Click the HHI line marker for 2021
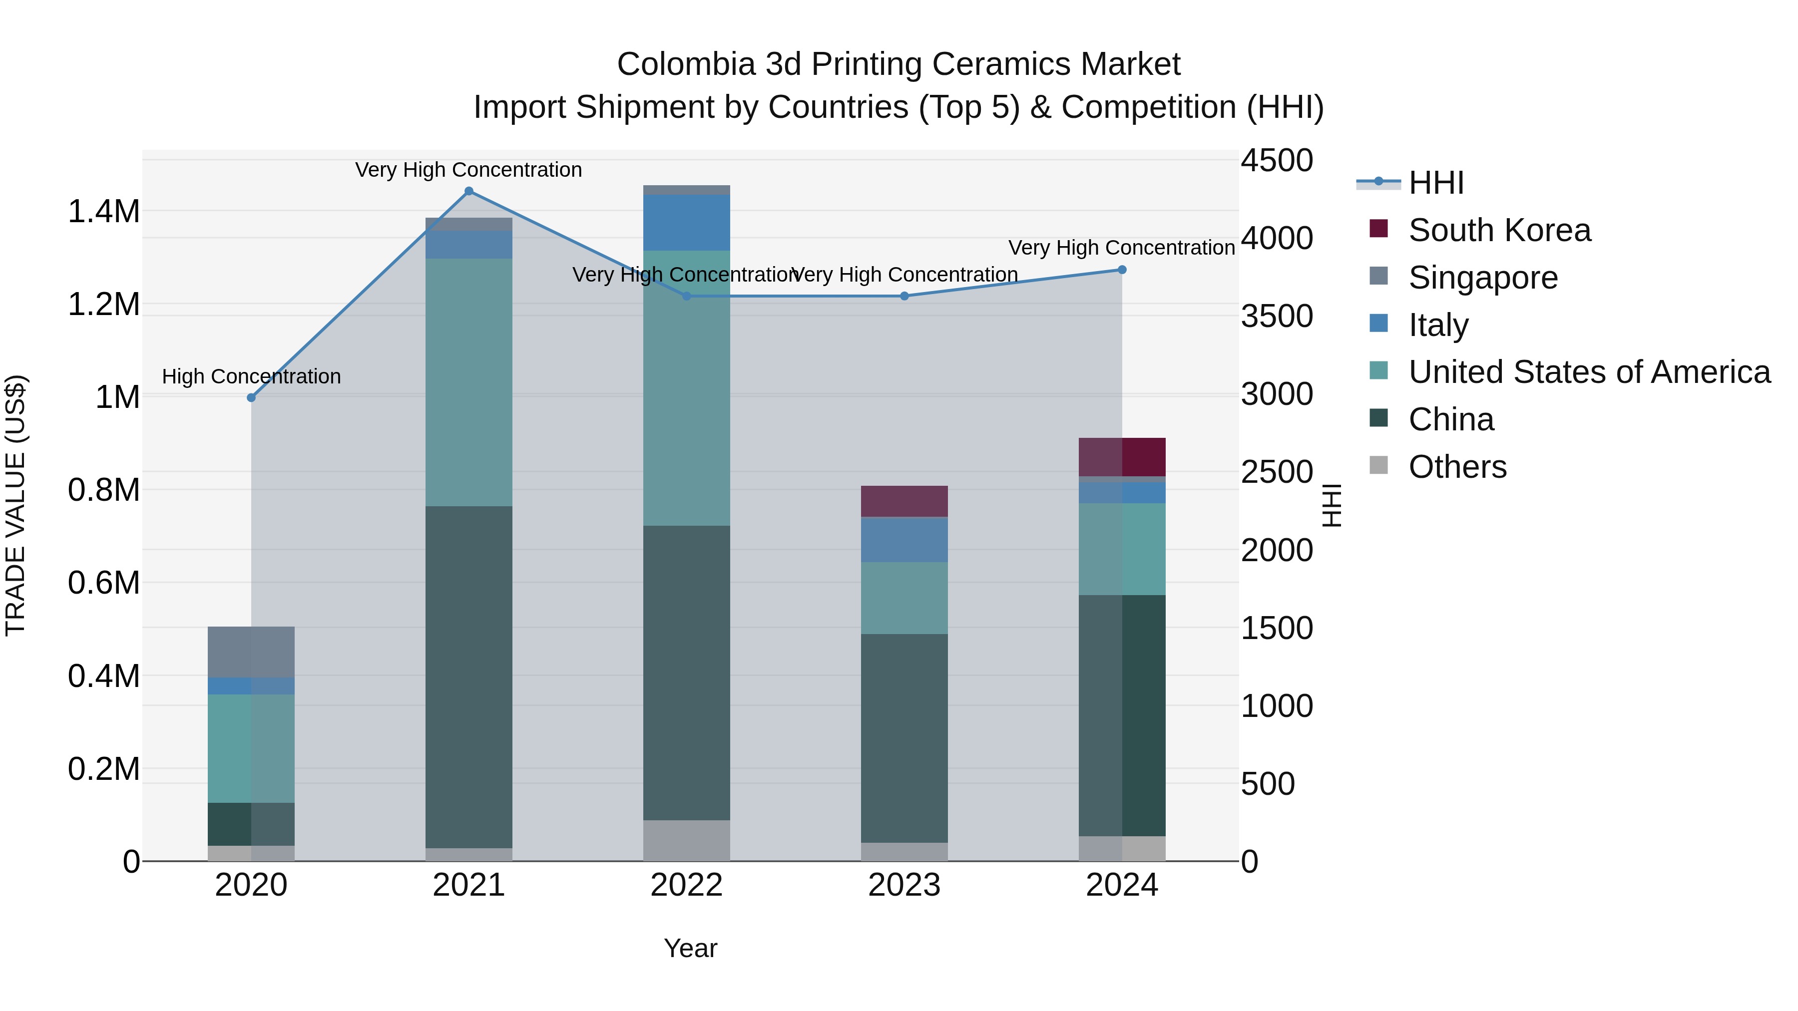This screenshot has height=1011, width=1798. [x=468, y=191]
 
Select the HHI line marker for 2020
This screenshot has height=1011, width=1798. [x=251, y=398]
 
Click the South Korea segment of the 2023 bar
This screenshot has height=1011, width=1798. [x=904, y=501]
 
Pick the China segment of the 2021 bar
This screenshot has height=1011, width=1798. [x=468, y=677]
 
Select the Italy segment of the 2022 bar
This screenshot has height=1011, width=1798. [x=686, y=223]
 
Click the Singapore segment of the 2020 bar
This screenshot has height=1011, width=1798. [x=251, y=652]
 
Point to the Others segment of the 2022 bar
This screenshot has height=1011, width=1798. [x=686, y=840]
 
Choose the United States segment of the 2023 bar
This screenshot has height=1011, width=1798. [x=904, y=598]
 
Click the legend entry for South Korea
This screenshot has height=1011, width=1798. [x=1499, y=230]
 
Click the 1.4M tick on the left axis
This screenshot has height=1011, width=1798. [x=103, y=211]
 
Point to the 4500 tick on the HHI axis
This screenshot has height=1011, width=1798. [x=1277, y=160]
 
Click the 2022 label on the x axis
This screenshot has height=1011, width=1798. [x=686, y=885]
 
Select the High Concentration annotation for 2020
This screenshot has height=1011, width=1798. [x=251, y=377]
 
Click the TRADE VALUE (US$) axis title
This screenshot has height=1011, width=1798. [x=15, y=505]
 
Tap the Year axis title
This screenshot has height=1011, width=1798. [x=690, y=948]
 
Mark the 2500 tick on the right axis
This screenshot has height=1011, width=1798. [x=1277, y=472]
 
